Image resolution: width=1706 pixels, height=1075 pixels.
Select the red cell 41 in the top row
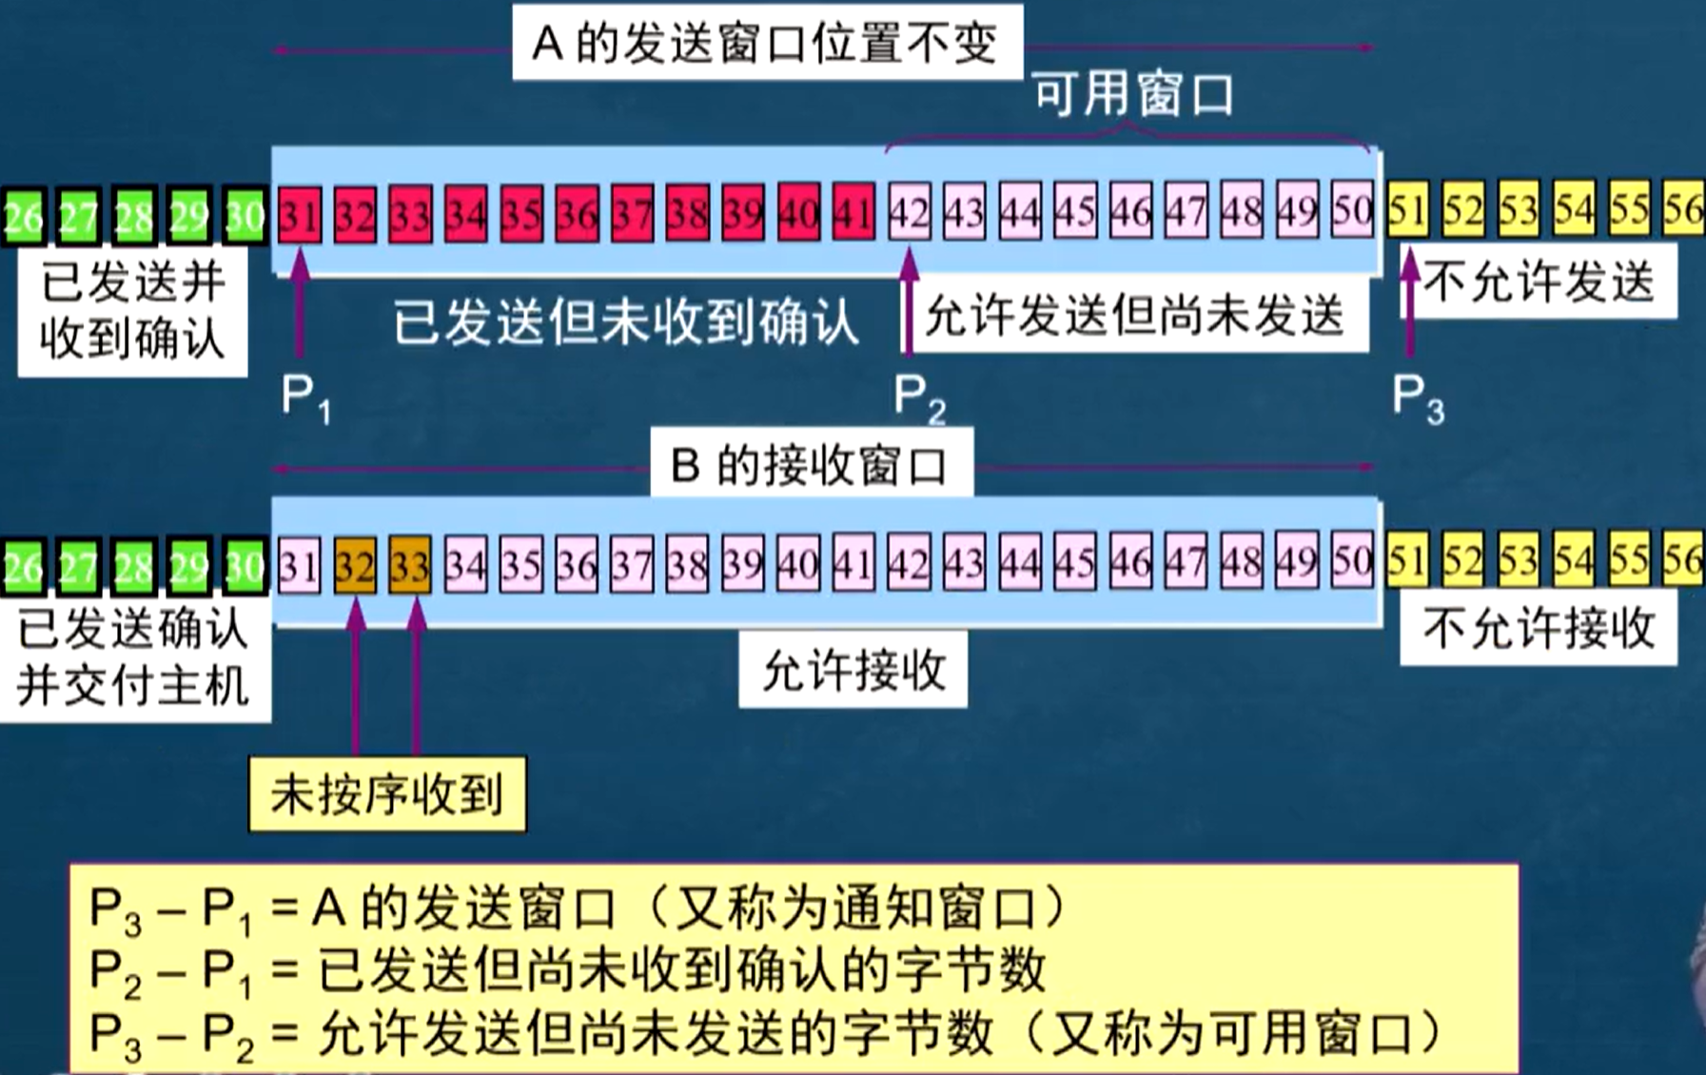[853, 213]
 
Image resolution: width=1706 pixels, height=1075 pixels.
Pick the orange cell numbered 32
[355, 566]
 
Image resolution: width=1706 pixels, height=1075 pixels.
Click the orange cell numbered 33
[410, 566]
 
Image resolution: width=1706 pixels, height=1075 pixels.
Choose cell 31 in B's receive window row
[299, 566]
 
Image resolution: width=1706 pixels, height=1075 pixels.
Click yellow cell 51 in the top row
[1407, 211]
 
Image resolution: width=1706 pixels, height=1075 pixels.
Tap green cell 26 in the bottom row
[23, 567]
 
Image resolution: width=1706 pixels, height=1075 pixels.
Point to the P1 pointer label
[305, 398]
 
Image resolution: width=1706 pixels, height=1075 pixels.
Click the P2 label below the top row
[919, 398]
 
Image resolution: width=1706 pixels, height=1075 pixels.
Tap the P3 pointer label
[1418, 398]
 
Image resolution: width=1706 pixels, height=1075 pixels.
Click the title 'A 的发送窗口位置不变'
[766, 44]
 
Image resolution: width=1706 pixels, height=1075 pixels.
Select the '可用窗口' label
[1134, 95]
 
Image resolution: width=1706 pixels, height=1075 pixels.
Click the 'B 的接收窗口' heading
[811, 465]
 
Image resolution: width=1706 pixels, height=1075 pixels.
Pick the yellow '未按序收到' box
[386, 794]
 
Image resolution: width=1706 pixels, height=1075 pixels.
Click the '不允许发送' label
[1539, 282]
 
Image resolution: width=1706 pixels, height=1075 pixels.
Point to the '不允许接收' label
[1539, 628]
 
